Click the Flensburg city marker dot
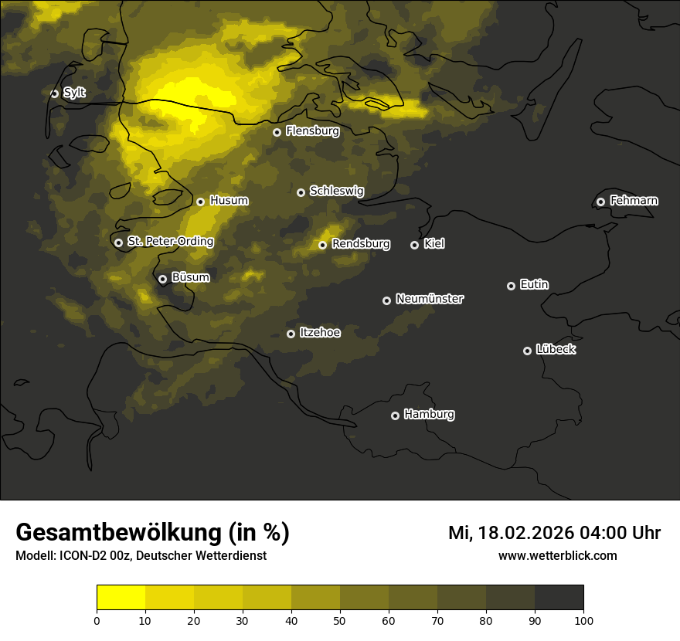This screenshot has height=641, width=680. click(277, 132)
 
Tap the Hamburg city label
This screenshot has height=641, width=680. click(429, 415)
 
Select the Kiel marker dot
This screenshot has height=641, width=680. click(414, 245)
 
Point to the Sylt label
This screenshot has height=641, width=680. click(74, 93)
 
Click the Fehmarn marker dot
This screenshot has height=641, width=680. click(600, 202)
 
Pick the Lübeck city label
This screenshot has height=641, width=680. click(556, 350)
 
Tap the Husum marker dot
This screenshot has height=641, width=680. click(200, 202)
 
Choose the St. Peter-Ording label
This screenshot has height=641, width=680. click(170, 242)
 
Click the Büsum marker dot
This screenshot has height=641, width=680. click(162, 280)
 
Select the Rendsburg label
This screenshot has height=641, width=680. click(361, 244)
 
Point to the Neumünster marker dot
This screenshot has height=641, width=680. click(386, 300)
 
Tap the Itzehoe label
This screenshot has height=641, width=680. click(320, 333)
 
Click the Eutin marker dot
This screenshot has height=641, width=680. click(511, 286)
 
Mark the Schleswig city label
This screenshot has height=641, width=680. click(336, 191)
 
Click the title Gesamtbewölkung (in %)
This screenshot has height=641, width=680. click(152, 532)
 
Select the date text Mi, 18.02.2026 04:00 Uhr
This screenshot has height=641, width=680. click(554, 533)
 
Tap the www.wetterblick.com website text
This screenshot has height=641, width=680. click(557, 555)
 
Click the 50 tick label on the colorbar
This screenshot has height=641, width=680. click(340, 620)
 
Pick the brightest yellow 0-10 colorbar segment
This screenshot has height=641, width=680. click(121, 597)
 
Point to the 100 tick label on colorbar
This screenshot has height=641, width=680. click(583, 620)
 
